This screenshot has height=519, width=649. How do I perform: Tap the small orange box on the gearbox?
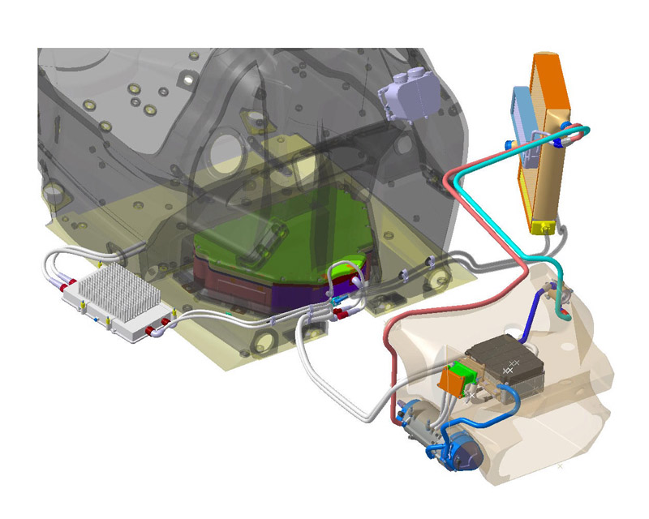point(450,381)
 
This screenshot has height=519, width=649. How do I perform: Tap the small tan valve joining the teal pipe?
point(559,293)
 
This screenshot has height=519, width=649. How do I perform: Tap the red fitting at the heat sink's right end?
point(152,331)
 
